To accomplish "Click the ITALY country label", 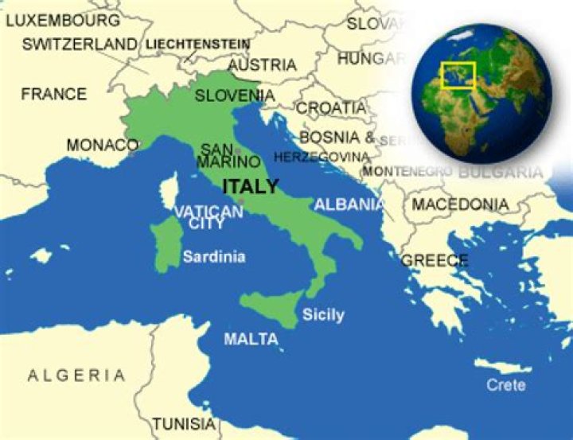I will (x=251, y=187).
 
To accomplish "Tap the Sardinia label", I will (x=214, y=257).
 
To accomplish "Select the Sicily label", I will (x=323, y=314).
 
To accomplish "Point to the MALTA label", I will (x=251, y=340).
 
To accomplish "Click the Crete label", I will (x=507, y=384).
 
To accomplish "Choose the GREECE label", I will (x=435, y=260).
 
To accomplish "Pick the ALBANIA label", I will (x=349, y=204).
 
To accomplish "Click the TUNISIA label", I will (x=184, y=423).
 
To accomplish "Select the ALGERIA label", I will (x=76, y=375).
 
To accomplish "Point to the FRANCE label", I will (x=53, y=94).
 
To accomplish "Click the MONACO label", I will (x=102, y=145).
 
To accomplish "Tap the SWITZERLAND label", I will (x=79, y=44).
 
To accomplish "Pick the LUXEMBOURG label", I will (x=63, y=19).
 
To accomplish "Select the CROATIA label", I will (x=332, y=107).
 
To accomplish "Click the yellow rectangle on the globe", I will (x=458, y=76).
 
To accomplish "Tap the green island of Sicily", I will (x=271, y=306).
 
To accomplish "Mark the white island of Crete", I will (x=501, y=367).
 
